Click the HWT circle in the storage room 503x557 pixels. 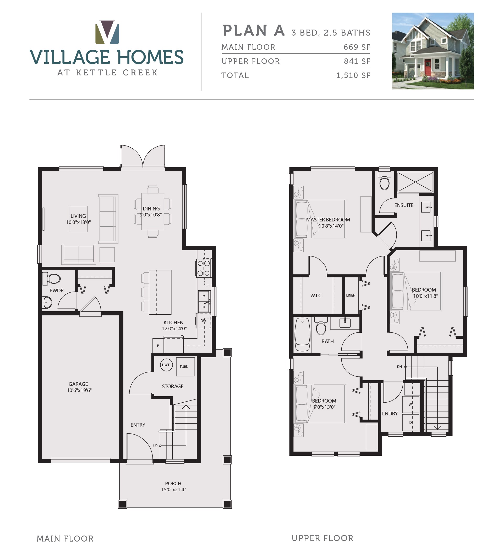166,365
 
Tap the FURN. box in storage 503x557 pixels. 185,367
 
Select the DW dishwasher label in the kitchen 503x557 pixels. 203,321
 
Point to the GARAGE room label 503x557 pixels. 78,384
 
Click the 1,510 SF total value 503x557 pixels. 353,75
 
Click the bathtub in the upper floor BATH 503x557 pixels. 302,335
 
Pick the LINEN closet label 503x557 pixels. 351,295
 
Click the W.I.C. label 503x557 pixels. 316,296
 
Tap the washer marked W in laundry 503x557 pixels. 411,404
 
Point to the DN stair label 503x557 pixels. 399,367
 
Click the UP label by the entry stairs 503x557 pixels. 155,445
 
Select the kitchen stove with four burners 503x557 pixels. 204,268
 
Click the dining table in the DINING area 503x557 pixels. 152,211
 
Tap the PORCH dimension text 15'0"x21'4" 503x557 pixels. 174,489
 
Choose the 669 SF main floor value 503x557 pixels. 357,47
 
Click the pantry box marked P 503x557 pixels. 158,346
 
